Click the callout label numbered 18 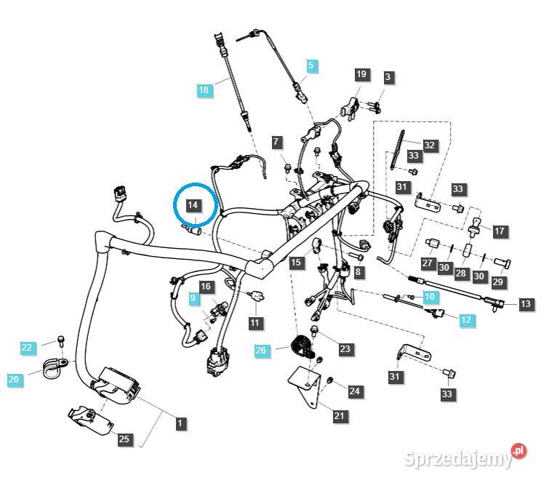[x=204, y=90]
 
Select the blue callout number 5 [x=311, y=66]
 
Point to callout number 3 [x=388, y=77]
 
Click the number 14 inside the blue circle [x=193, y=205]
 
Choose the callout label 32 [x=430, y=145]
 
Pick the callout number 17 [x=499, y=231]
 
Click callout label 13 [x=526, y=304]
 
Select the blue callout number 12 [x=465, y=318]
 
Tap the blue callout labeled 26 [x=261, y=351]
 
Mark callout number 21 [x=340, y=416]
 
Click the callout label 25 [x=124, y=439]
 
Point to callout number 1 [x=180, y=421]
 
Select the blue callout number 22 [x=27, y=348]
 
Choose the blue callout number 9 [x=193, y=298]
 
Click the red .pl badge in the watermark [x=518, y=451]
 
